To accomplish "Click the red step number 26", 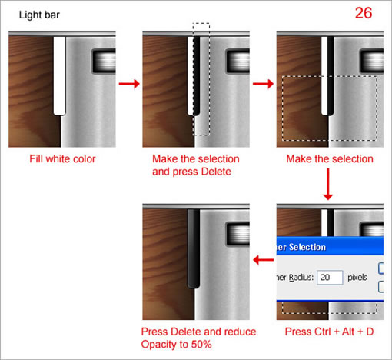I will [x=366, y=14].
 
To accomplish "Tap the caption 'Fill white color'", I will [x=61, y=159].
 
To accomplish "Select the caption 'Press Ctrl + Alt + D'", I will [x=329, y=332].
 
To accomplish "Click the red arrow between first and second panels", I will [x=128, y=83].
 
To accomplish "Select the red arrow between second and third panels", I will [x=263, y=83].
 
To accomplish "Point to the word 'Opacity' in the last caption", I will [x=160, y=345].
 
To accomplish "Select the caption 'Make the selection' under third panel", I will [x=329, y=159].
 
